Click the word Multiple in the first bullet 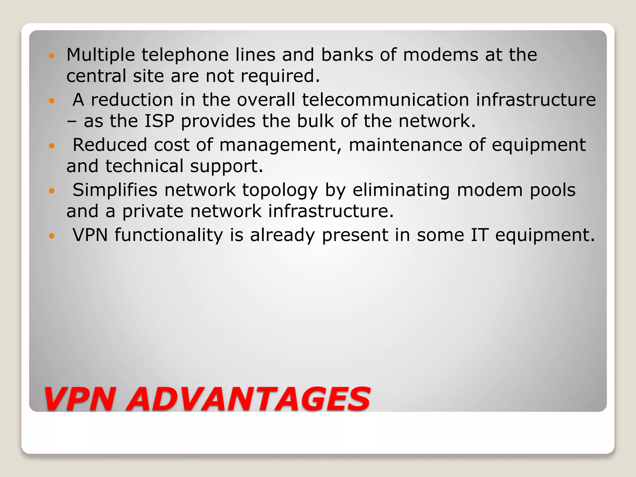[x=101, y=55]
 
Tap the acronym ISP [x=159, y=121]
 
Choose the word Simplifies [x=115, y=190]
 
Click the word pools [x=552, y=190]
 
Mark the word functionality [x=169, y=235]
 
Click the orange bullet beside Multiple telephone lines [x=52, y=56]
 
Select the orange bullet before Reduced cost [x=52, y=146]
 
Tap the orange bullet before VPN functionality [x=52, y=236]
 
